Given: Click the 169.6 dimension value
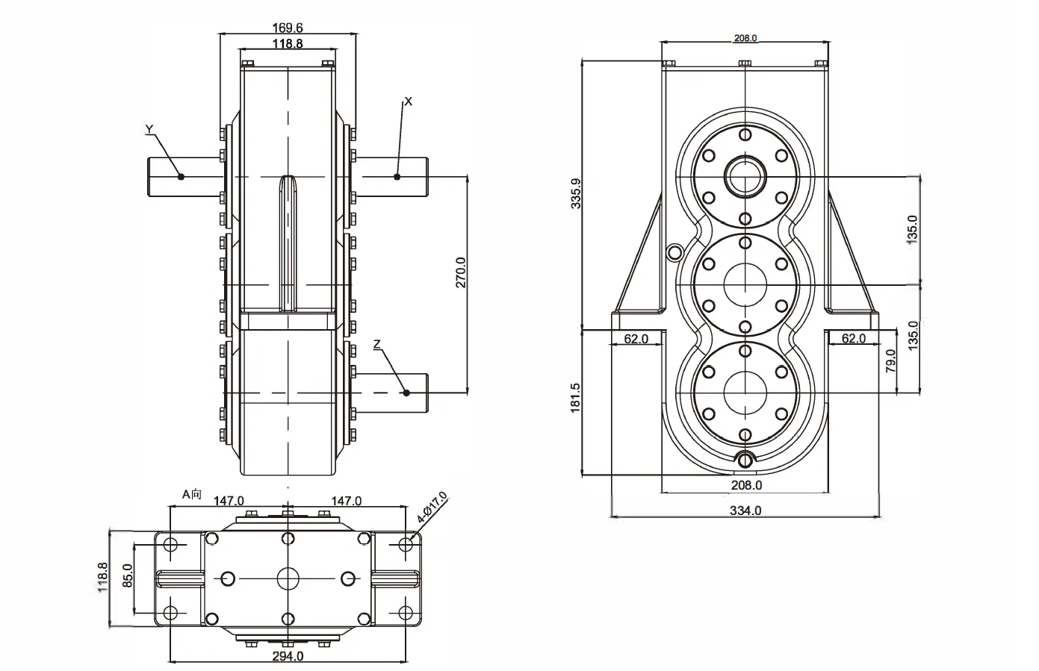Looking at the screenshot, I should click(288, 28).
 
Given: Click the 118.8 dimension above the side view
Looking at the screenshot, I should click(288, 44).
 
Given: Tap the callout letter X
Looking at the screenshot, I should click(408, 101).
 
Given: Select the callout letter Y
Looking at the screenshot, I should click(149, 129).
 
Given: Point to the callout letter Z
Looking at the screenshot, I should click(377, 344).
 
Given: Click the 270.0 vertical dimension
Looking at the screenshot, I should click(461, 272).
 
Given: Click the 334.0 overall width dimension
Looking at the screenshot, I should click(745, 511).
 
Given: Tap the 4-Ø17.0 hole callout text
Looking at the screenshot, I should click(432, 507).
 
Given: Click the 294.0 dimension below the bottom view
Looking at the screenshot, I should click(288, 657).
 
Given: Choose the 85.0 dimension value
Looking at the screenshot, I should click(126, 577).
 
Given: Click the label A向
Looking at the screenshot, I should click(192, 494).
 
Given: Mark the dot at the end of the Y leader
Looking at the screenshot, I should click(181, 177).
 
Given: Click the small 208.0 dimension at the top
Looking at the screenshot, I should click(745, 38).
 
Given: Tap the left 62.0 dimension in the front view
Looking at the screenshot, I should click(636, 339).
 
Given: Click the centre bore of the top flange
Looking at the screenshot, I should click(745, 178).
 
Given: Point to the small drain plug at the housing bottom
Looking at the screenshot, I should click(745, 461).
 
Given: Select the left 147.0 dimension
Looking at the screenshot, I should click(229, 501).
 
